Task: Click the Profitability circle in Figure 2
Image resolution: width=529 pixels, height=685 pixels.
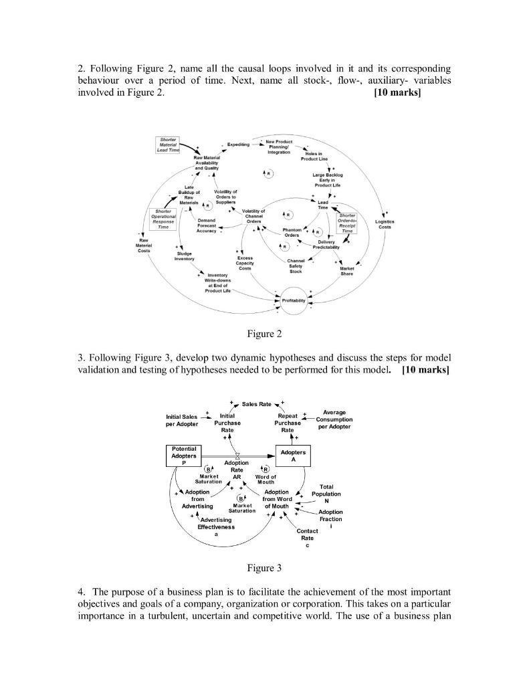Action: (x=294, y=300)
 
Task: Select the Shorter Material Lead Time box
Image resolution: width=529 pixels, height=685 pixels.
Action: (x=169, y=143)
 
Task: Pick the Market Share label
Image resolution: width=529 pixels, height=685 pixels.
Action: (x=346, y=271)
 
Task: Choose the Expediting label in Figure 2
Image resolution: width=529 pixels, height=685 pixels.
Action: (x=238, y=144)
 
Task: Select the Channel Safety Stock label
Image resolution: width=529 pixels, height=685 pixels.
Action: (x=296, y=266)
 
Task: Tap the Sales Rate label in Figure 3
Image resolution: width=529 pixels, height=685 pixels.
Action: (x=256, y=404)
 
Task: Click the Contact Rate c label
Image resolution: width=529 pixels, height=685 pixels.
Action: (x=307, y=538)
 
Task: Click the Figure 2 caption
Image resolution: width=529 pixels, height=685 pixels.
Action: (x=264, y=334)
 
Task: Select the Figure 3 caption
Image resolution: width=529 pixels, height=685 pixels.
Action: (x=264, y=568)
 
